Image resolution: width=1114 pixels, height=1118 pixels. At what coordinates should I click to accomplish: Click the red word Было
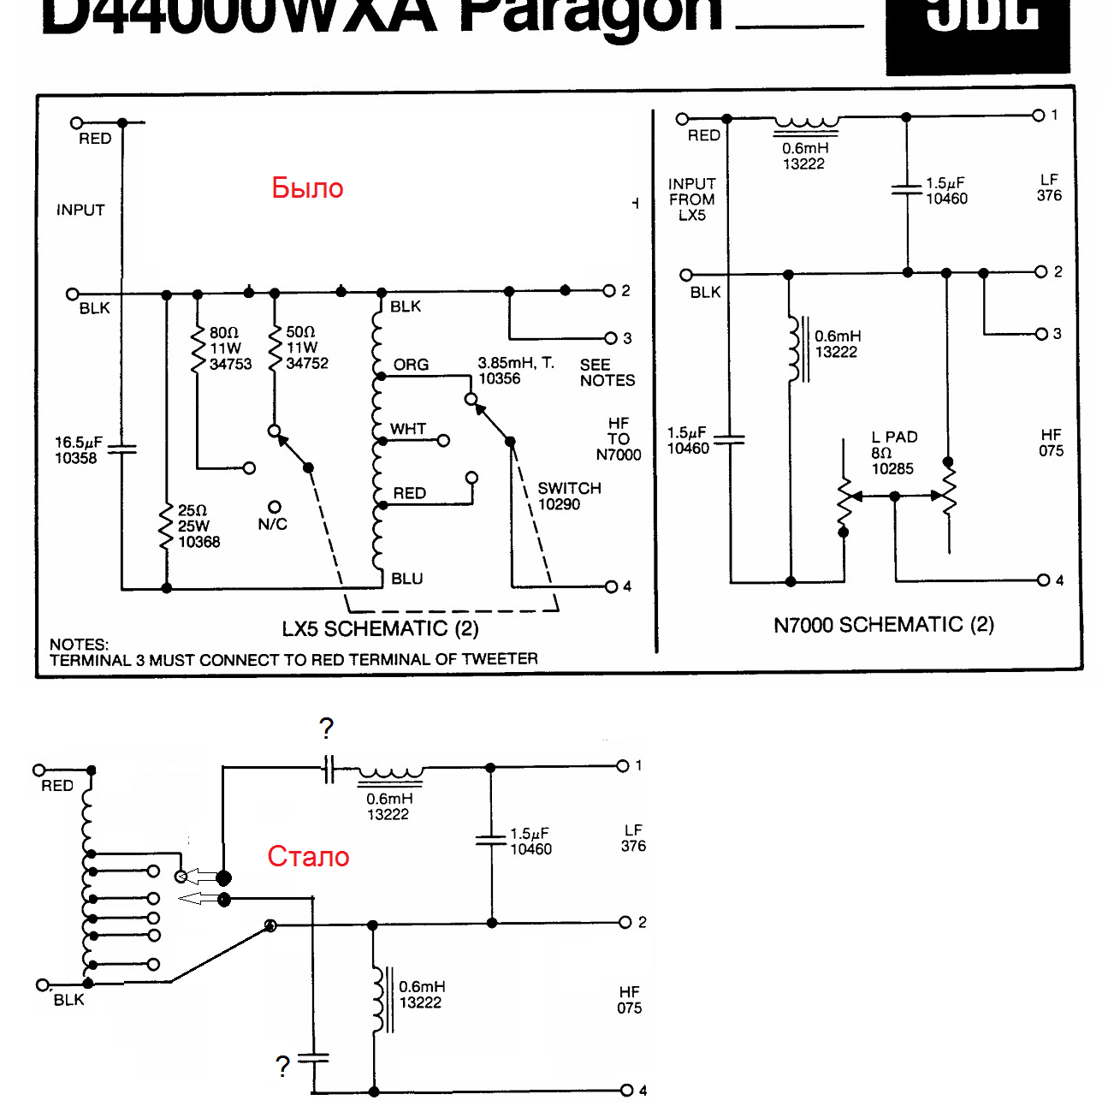coord(307,187)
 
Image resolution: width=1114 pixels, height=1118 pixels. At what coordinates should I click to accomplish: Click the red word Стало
coord(308,856)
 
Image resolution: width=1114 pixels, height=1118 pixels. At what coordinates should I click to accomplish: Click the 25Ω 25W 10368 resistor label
coord(199,526)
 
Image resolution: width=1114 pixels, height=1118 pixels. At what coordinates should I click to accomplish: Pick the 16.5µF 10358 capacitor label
coord(78,450)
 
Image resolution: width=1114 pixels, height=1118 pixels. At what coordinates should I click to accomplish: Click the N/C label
coord(273,524)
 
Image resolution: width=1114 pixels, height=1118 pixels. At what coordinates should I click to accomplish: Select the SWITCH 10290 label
coord(568,496)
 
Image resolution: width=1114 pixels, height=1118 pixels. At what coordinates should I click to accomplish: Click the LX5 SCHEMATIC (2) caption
coord(380,629)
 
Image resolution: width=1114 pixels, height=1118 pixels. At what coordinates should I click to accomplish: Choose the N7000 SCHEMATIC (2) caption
coord(883,625)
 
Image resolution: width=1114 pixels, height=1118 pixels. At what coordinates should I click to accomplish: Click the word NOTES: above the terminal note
coord(79,645)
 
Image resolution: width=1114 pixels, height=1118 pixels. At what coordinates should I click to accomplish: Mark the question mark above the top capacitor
coord(326,728)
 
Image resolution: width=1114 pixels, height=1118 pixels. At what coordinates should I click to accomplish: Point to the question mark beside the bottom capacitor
coord(282,1067)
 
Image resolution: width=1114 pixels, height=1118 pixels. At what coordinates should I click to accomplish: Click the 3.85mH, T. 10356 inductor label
coord(515,371)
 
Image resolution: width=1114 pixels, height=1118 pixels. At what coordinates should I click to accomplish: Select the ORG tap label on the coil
coord(411,365)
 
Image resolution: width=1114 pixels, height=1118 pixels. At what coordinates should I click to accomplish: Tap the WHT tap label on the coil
coord(408,429)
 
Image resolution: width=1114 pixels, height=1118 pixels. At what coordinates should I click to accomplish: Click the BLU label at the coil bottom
coord(407,579)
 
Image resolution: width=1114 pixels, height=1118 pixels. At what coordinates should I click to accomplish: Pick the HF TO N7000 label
coord(618,439)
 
